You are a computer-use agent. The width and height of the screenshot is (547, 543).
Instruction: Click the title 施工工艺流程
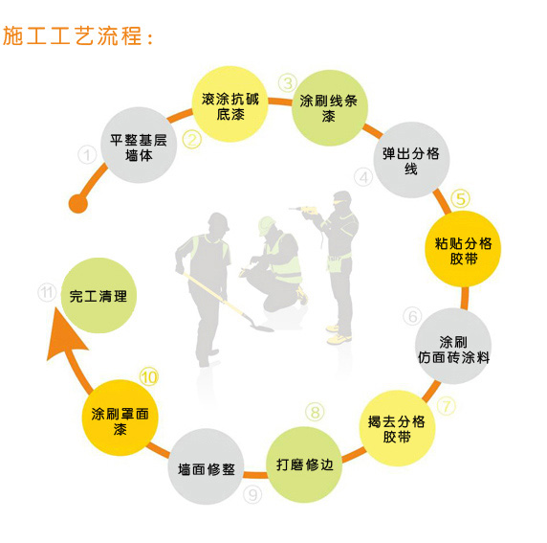tap(77, 35)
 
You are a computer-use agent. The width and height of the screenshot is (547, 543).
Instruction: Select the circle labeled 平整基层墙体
tap(139, 145)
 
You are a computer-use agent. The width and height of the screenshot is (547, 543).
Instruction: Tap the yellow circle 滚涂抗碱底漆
tap(230, 104)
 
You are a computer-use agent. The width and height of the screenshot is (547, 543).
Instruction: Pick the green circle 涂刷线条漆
tap(329, 108)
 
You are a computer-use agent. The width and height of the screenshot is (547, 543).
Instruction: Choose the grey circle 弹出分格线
tap(411, 160)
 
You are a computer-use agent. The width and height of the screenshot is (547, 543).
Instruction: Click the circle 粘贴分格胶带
tap(463, 249)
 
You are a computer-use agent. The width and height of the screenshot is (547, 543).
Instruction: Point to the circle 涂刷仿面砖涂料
tap(453, 346)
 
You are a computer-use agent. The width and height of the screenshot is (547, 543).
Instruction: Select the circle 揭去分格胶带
tap(397, 428)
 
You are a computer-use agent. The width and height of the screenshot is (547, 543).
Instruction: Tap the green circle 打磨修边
tap(304, 464)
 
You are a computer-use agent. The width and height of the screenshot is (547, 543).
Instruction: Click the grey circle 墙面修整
tap(206, 466)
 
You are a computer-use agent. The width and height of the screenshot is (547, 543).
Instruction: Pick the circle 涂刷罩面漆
tap(120, 418)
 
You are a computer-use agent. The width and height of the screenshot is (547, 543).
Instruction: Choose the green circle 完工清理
tap(98, 296)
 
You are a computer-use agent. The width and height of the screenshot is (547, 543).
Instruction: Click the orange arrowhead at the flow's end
tap(64, 333)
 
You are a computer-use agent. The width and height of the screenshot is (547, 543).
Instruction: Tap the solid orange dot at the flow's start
tap(78, 203)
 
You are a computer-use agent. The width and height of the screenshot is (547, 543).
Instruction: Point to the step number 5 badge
tap(461, 199)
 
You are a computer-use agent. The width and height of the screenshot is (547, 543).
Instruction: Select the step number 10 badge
tap(149, 377)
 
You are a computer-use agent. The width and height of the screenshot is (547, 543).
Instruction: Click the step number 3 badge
tap(288, 83)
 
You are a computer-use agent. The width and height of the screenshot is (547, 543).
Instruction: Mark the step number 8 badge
tap(315, 412)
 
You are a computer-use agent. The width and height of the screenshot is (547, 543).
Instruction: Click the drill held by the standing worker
tap(304, 210)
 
